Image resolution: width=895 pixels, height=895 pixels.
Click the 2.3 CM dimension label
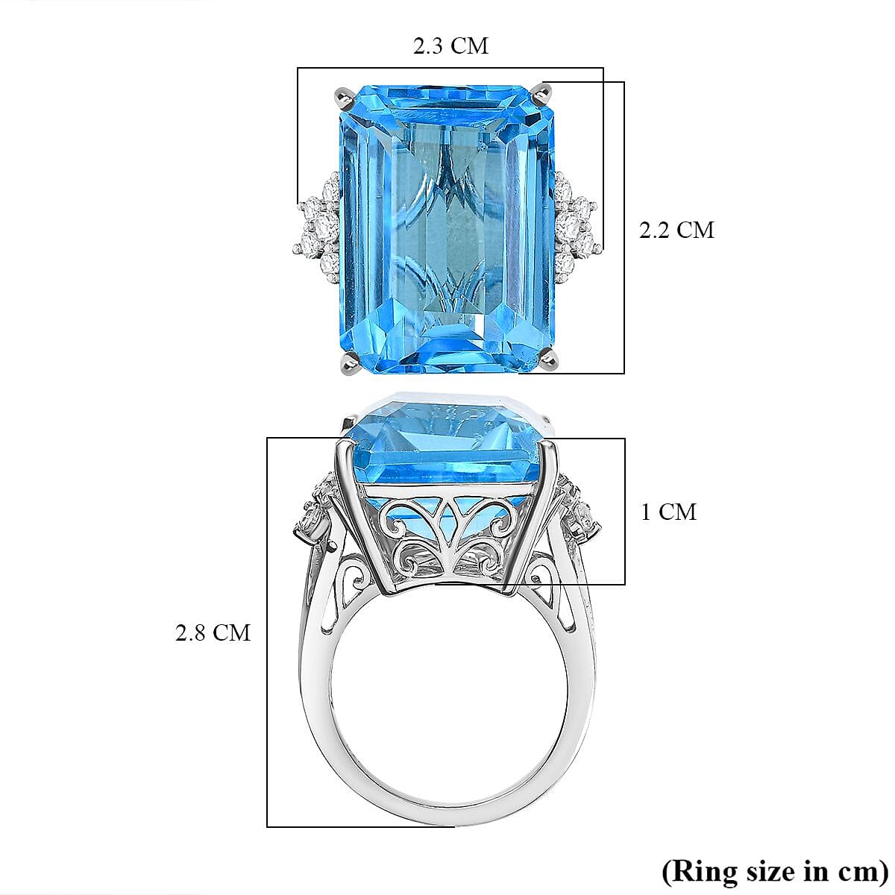coord(450,46)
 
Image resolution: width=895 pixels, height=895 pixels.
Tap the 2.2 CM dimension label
coord(676,230)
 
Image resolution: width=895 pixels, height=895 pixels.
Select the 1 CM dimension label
coord(668,512)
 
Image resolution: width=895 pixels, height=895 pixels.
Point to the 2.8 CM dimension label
coord(213,632)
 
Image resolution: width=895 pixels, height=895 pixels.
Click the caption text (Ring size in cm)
coord(774,870)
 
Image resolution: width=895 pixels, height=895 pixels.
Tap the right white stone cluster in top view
coord(575,222)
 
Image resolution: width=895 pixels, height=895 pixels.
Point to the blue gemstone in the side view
coord(447,447)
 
